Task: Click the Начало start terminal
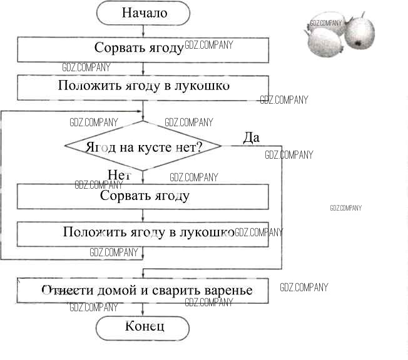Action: (x=143, y=12)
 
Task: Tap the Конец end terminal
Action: (x=143, y=326)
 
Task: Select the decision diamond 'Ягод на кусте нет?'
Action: (x=143, y=147)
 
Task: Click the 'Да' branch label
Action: (x=251, y=137)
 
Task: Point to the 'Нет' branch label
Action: (x=118, y=175)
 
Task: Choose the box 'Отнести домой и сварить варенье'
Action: (x=143, y=291)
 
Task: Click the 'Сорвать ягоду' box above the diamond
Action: (x=143, y=47)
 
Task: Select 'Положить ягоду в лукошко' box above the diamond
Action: (x=143, y=86)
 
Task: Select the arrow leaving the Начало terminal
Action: (x=143, y=30)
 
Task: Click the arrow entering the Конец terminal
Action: (x=143, y=309)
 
